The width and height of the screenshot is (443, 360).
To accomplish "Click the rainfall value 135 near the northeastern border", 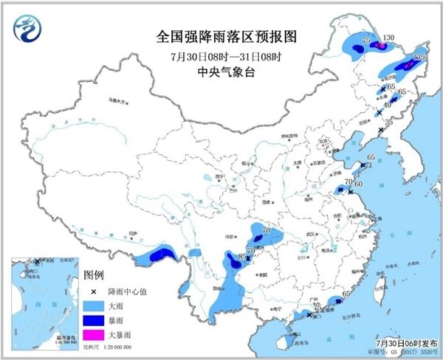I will pyautogui.click(x=420, y=57).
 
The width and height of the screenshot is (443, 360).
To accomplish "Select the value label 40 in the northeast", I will pyautogui.click(x=388, y=105).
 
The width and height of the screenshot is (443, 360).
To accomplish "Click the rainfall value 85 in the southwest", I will pyautogui.click(x=241, y=257).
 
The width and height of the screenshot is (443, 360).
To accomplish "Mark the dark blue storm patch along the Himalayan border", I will pyautogui.click(x=159, y=256).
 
